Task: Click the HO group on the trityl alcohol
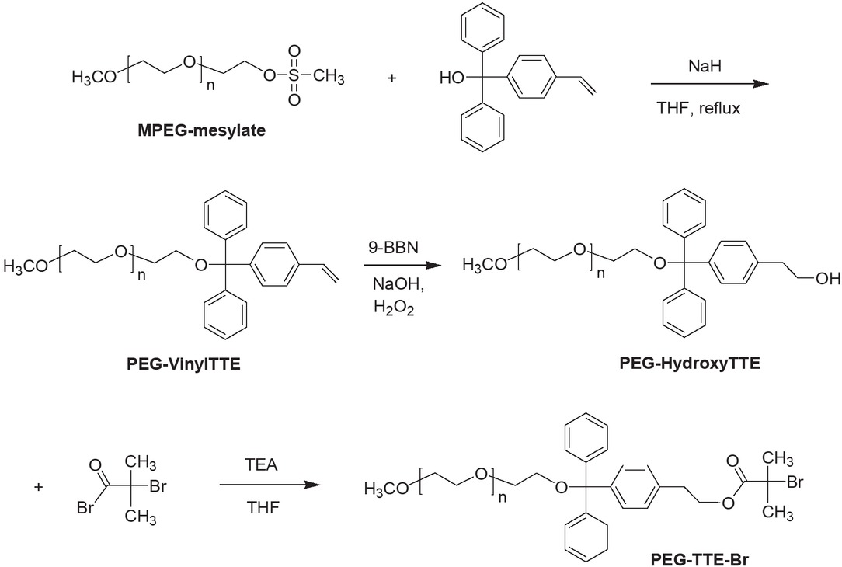coord(453,78)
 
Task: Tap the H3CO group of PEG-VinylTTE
coord(27,268)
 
